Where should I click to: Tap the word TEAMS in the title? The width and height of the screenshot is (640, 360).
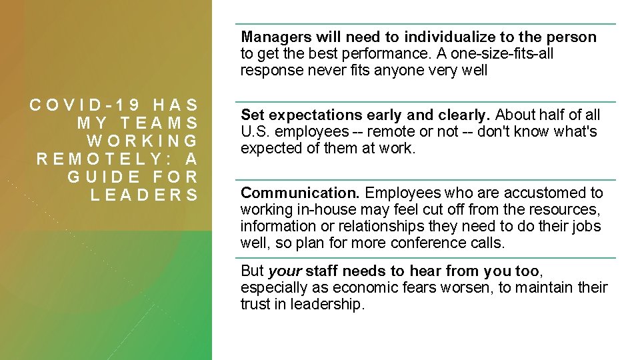[x=157, y=123]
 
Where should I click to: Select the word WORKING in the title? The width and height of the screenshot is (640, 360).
[x=143, y=141]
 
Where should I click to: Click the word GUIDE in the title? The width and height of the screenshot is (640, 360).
[x=101, y=177]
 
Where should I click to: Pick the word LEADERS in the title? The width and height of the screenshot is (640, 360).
[x=144, y=195]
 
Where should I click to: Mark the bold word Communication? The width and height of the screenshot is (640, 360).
[x=300, y=193]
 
